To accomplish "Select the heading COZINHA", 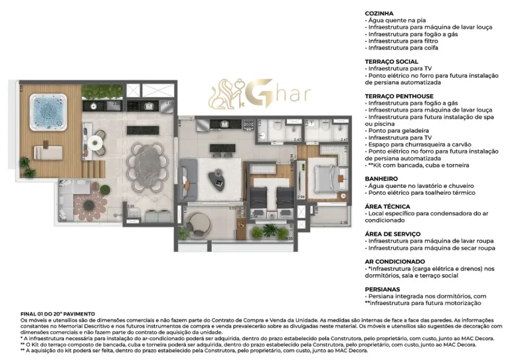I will [x=379, y=13].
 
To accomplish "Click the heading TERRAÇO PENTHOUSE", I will [x=399, y=96].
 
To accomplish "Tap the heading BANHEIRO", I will [x=381, y=179].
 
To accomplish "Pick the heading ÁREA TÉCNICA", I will [x=387, y=207].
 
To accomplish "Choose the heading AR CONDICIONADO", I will [x=394, y=262].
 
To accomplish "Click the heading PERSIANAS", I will [x=383, y=290].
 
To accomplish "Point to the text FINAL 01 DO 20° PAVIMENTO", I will [x=58, y=314].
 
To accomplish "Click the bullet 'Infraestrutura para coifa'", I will [x=402, y=48].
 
